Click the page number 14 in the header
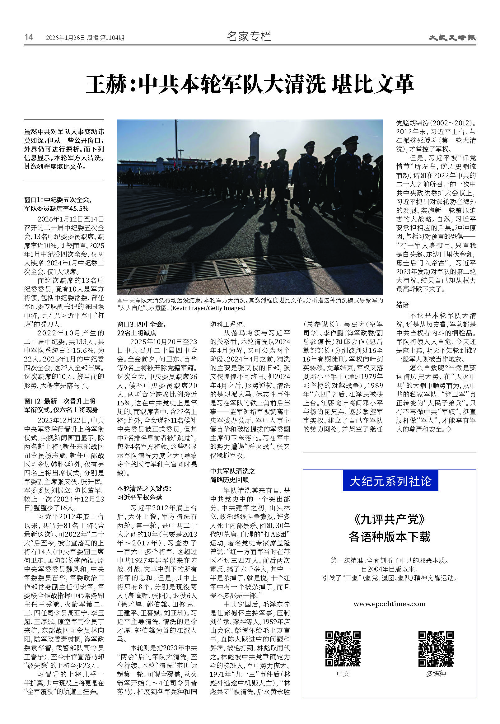coord(29,37)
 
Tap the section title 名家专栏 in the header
coord(249,37)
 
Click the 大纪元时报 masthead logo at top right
coord(452,38)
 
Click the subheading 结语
coord(402,304)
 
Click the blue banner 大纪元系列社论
coord(390,481)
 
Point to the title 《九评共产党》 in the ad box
coord(390,520)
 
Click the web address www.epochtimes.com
coord(390,603)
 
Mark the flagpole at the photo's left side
coord(176,141)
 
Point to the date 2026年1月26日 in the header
coord(65,38)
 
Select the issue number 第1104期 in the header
coord(112,38)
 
